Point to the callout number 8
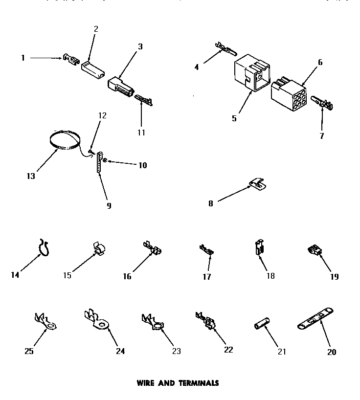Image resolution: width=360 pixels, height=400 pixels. tap(211, 203)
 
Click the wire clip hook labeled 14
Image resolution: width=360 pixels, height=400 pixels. tap(45, 248)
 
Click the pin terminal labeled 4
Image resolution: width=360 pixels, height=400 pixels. tap(225, 48)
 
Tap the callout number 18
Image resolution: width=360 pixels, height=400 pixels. tap(270, 276)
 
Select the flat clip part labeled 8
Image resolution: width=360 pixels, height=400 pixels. tap(257, 184)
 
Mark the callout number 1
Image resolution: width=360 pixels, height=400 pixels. tap(22, 58)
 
